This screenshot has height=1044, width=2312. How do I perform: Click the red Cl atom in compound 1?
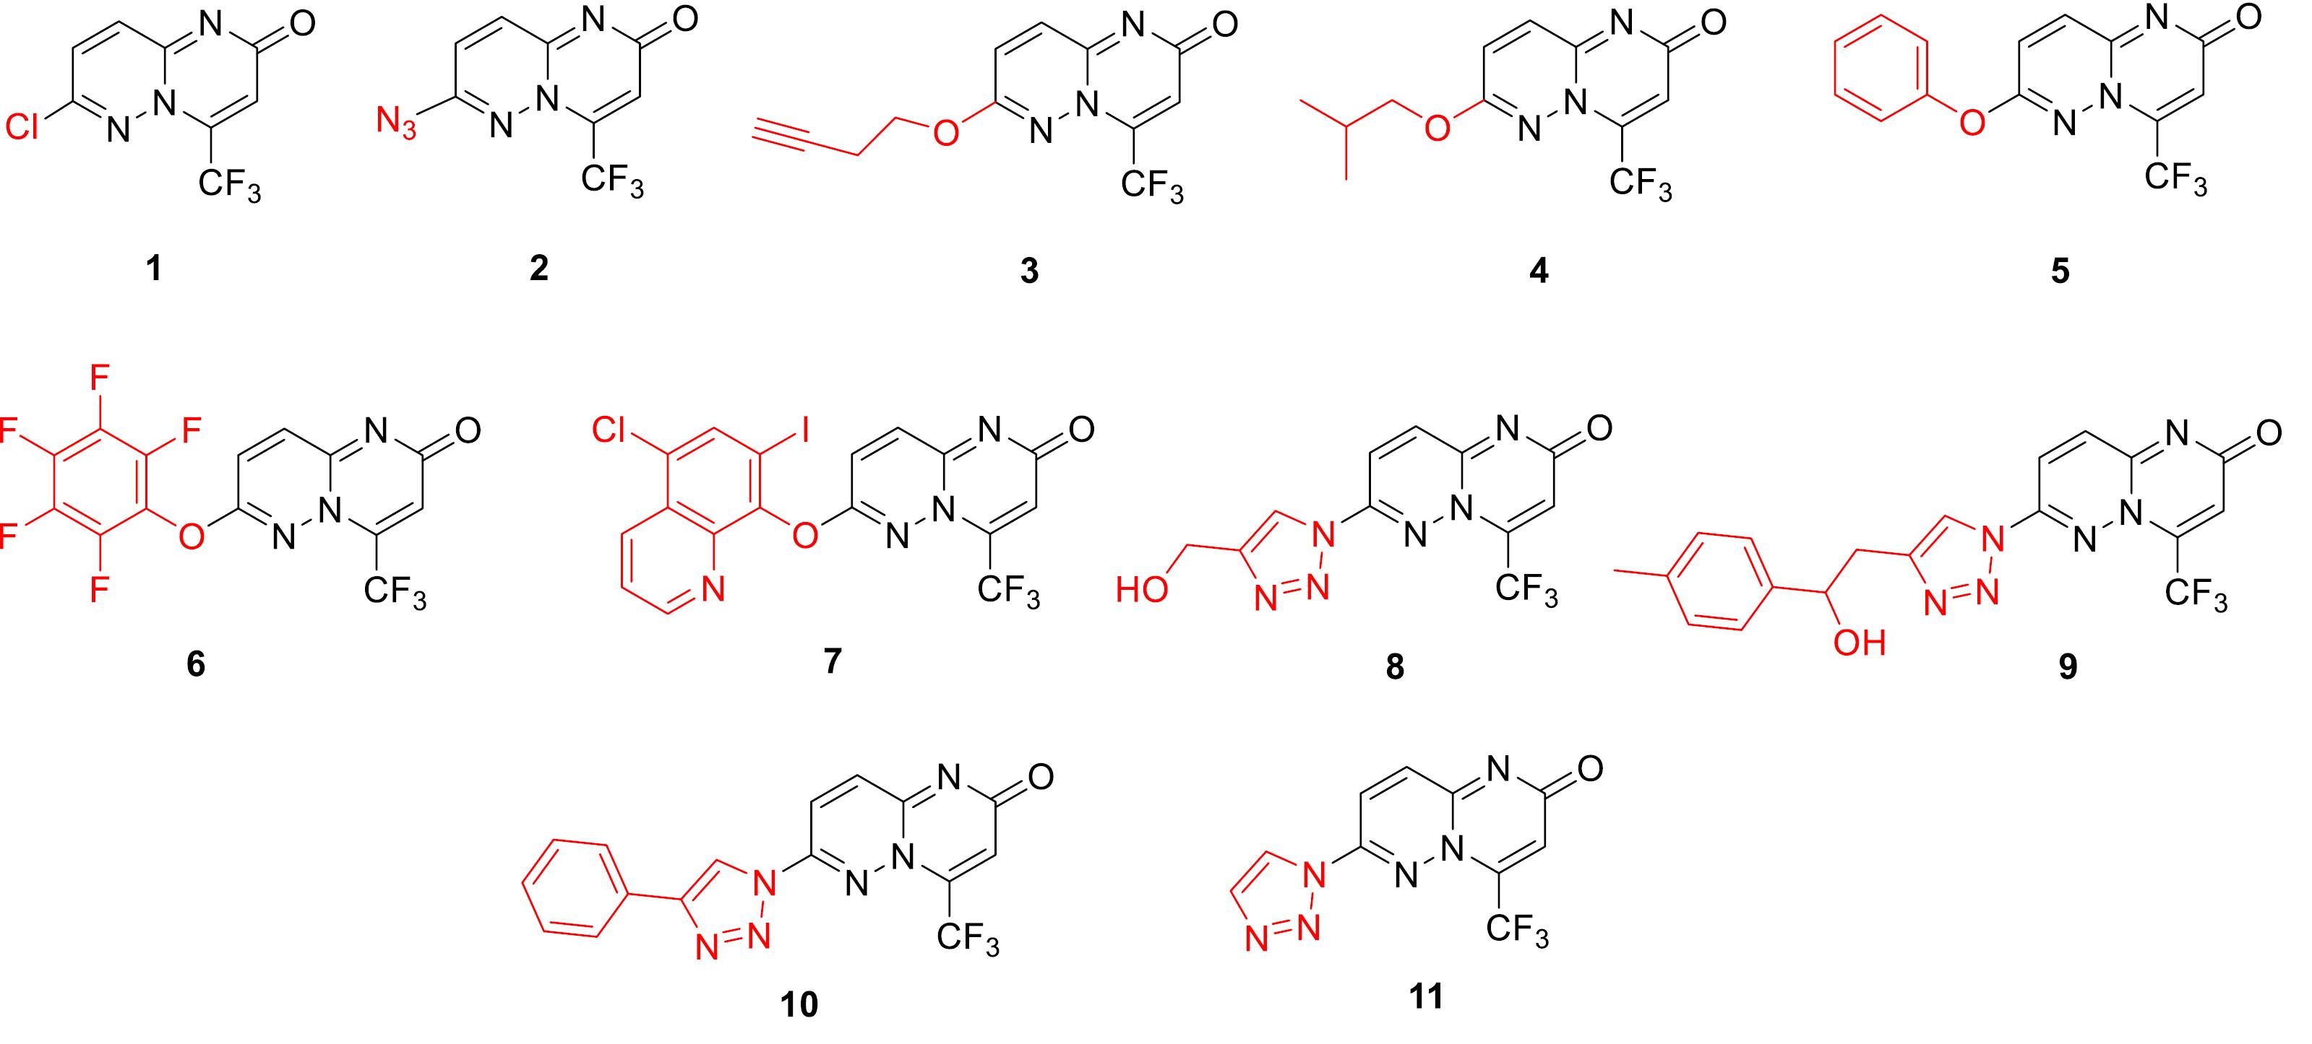point(22,129)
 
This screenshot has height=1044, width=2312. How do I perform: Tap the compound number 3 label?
point(1029,270)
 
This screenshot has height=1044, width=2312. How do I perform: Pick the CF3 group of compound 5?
point(2175,179)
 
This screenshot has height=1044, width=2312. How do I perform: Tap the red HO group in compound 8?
point(1142,590)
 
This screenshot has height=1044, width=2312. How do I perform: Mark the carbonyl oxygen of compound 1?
point(303,23)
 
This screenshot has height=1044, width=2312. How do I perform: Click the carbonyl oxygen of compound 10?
point(1039,777)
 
